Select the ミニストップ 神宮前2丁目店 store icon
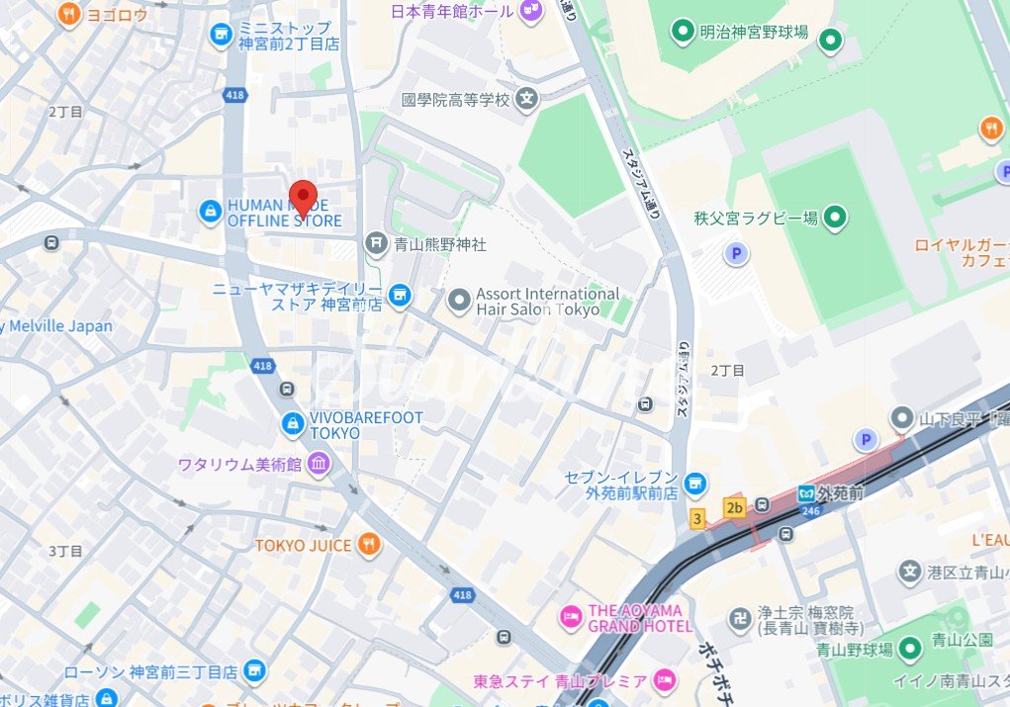[221, 35]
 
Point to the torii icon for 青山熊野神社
[375, 242]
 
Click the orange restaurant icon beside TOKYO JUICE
[368, 544]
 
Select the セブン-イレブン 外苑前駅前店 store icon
[695, 483]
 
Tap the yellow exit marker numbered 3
[697, 519]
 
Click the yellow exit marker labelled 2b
[733, 507]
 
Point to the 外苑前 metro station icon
[807, 492]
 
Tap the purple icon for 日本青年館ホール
[532, 11]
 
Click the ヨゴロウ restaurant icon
[68, 13]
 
